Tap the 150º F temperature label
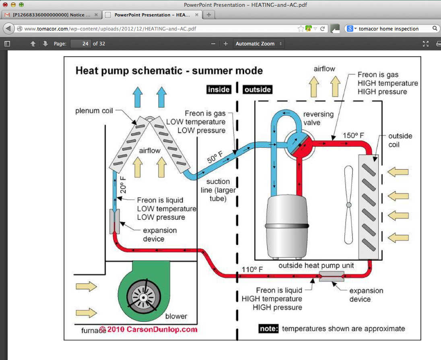pos(354,135)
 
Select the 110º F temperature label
pos(253,269)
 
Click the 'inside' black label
pos(218,89)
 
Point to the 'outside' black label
pos(258,89)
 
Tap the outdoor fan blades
pos(348,205)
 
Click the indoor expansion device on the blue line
pos(115,222)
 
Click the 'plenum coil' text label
pos(94,111)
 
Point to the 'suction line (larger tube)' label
pos(218,190)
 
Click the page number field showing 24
pos(81,43)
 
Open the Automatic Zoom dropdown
pos(259,43)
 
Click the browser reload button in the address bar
pos(323,29)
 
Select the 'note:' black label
pos(268,329)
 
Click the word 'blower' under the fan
pos(176,316)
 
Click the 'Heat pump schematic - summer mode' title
pos(169,71)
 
